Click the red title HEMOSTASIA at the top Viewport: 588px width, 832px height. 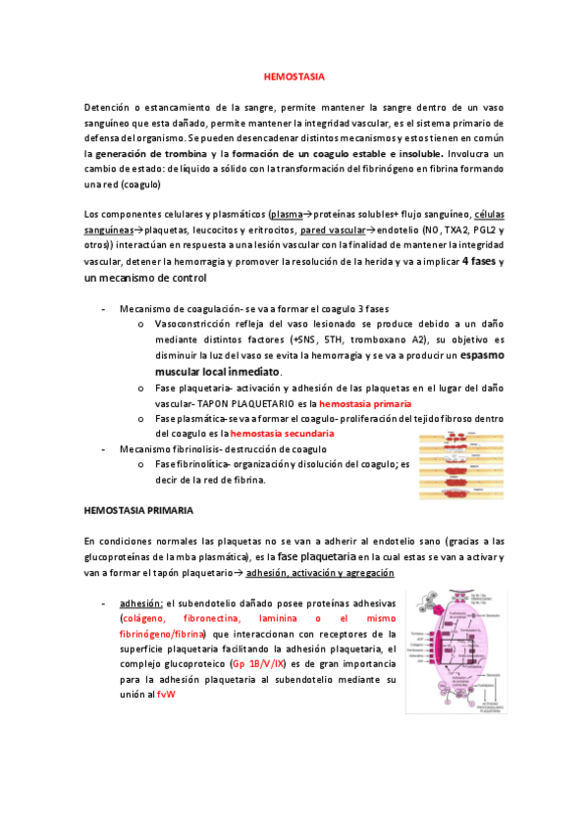click(294, 76)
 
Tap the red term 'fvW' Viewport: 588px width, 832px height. click(165, 695)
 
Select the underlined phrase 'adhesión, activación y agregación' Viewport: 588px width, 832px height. click(320, 572)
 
